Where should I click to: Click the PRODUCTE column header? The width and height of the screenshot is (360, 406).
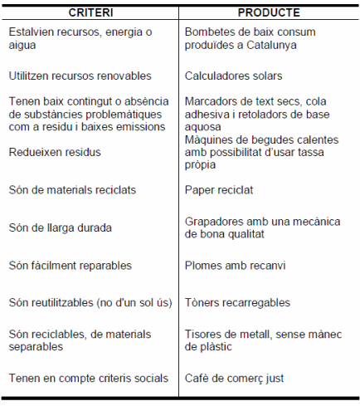click(269, 13)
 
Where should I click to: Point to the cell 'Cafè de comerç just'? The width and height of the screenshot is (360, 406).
click(235, 379)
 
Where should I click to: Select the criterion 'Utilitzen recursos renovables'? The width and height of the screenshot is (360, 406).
click(80, 76)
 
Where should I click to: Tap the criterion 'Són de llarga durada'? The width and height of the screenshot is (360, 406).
click(61, 227)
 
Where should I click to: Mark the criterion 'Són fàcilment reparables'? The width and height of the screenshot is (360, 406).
click(70, 266)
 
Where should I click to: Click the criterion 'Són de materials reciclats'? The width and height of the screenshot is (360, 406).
click(72, 190)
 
